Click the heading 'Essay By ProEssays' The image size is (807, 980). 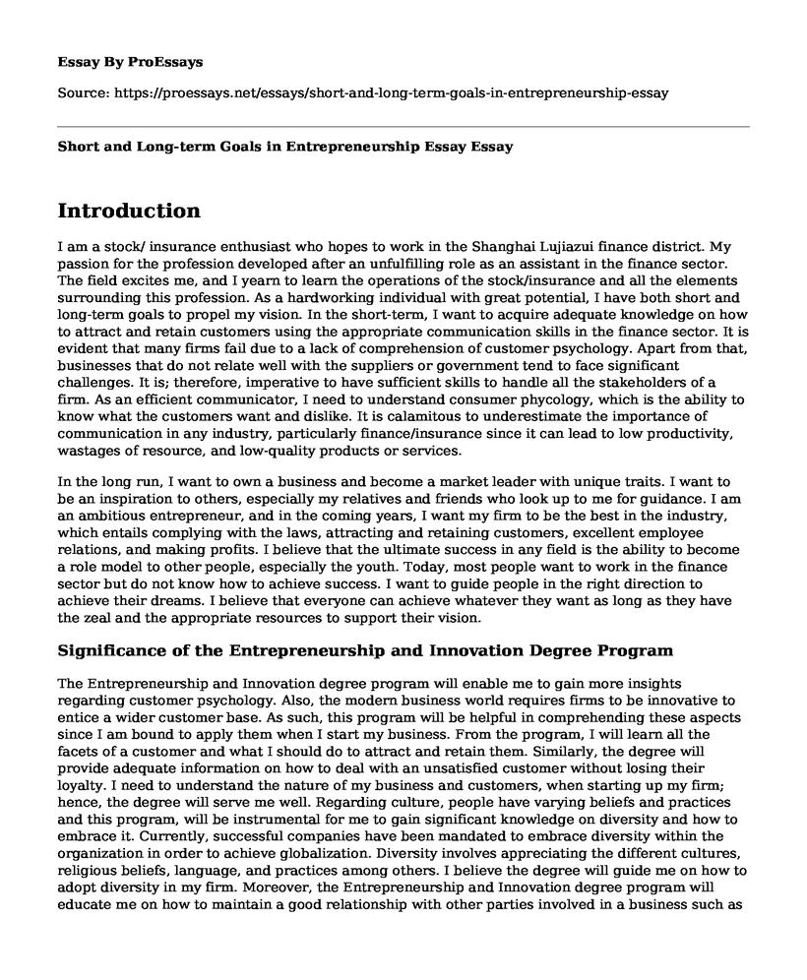click(131, 61)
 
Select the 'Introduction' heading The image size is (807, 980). click(129, 211)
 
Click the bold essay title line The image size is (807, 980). click(284, 146)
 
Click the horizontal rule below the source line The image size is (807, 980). click(403, 126)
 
